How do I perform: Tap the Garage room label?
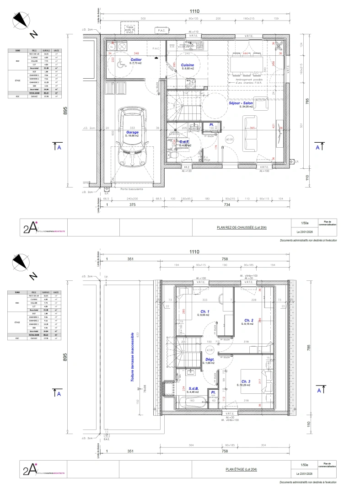(x=133, y=132)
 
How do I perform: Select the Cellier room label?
(x=135, y=60)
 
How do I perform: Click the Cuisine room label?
(x=187, y=65)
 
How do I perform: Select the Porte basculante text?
(x=132, y=188)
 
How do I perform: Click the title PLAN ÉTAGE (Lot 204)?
(x=242, y=469)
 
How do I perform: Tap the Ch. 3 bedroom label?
(x=245, y=381)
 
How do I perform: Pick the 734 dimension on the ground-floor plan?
(x=227, y=205)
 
